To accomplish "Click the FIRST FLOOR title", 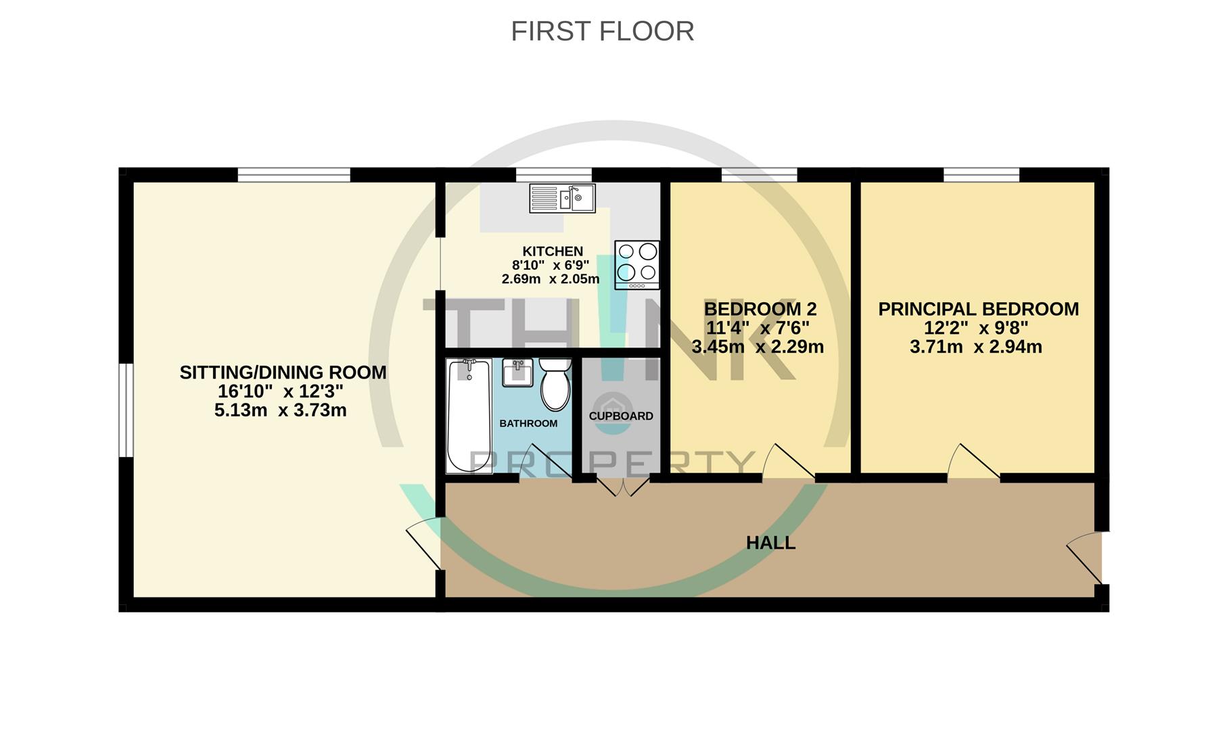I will point(602,31).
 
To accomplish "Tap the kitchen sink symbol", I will point(562,198).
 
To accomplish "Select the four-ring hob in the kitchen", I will point(636,264).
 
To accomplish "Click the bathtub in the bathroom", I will point(469,416).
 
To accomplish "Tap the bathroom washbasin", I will point(518,372).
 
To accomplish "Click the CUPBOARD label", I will point(620,416).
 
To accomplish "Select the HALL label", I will point(770,543).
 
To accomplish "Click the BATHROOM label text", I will point(528,423).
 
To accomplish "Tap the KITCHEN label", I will point(552,251).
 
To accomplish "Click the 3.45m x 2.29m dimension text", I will point(757,347).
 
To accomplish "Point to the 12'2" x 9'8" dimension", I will point(976,328).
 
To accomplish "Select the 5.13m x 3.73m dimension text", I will point(280,410).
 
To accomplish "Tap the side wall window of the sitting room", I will point(126,410).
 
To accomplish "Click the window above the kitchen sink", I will point(553,174).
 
